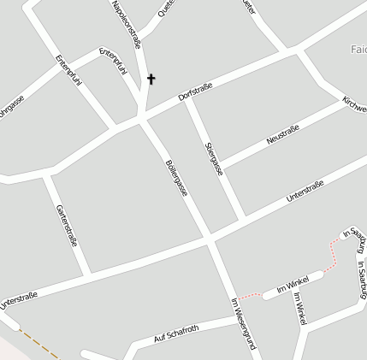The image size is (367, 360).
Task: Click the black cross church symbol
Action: coord(151,80)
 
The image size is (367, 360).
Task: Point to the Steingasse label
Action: coord(214,158)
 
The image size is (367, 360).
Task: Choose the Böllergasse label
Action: coord(176,176)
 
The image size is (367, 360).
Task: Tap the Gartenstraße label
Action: coord(66,225)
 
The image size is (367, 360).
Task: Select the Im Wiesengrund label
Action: coord(244,324)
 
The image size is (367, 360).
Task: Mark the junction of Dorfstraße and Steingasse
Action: coord(189,101)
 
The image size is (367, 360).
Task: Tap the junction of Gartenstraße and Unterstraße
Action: coord(87,274)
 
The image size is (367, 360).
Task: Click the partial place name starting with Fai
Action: coord(358,49)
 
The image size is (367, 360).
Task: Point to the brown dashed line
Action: coord(38,343)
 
